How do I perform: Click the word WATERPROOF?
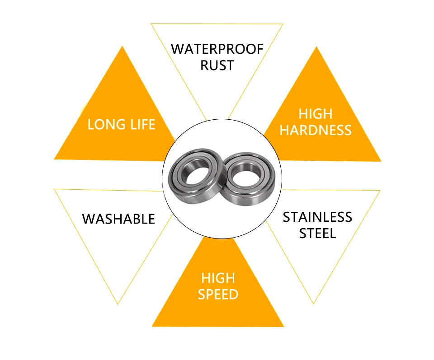[217, 49]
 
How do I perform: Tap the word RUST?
[217, 65]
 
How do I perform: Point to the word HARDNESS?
[316, 130]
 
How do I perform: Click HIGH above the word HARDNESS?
[316, 114]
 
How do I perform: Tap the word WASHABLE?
[118, 219]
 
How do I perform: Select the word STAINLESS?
[317, 217]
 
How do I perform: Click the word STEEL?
[317, 234]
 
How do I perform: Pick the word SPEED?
[218, 294]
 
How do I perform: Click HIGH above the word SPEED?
[218, 278]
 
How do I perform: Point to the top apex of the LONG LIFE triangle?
[122, 46]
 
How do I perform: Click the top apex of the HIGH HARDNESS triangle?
[316, 47]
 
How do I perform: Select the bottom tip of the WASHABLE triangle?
[118, 304]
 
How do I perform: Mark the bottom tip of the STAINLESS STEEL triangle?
[313, 304]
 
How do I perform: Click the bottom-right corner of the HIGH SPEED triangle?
[284, 327]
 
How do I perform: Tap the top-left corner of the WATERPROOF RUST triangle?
[151, 24]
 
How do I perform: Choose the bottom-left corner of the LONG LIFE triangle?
[54, 159]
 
